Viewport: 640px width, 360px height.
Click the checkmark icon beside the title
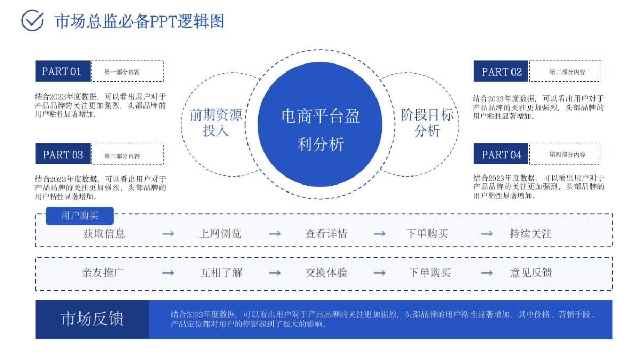point(32,21)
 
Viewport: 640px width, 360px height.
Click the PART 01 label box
point(62,71)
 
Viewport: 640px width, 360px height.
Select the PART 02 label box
point(501,71)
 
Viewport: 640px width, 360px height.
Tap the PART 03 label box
point(62,154)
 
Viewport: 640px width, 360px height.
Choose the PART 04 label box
point(501,155)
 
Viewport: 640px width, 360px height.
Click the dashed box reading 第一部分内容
point(127,71)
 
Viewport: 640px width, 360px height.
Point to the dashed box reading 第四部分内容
point(565,154)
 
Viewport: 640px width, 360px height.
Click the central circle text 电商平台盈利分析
point(320,130)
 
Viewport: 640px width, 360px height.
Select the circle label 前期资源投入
point(215,123)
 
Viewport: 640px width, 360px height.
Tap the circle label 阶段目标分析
point(427,123)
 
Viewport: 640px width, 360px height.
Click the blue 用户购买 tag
point(79,216)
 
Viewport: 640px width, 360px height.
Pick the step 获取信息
point(104,234)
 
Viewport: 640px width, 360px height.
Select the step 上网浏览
point(220,234)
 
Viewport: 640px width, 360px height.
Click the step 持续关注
point(530,234)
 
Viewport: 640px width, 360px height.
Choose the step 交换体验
point(326,273)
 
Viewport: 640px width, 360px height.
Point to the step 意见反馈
point(531,273)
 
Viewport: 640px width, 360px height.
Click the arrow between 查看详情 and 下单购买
point(379,234)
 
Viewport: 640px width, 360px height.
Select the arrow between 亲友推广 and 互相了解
point(168,273)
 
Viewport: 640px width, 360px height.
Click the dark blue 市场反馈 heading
point(92,319)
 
